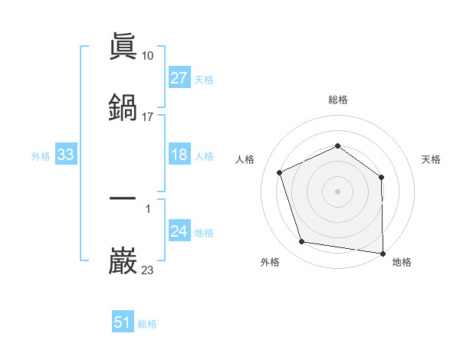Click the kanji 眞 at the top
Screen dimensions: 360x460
click(x=123, y=47)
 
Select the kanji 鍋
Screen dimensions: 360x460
click(x=123, y=107)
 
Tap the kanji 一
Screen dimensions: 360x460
click(x=123, y=198)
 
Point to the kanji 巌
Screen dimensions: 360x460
click(x=123, y=260)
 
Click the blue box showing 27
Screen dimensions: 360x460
click(x=179, y=78)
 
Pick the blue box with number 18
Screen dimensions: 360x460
click(x=179, y=155)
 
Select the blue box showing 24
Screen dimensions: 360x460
click(x=179, y=231)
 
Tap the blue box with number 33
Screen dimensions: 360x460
click(x=66, y=155)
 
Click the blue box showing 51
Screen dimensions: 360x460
click(x=123, y=322)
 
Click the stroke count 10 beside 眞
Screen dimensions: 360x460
click(x=148, y=56)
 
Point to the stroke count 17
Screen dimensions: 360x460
click(x=148, y=117)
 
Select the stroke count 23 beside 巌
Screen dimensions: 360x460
click(x=148, y=270)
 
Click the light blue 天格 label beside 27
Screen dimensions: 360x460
click(x=204, y=79)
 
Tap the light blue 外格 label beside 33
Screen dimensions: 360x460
click(x=41, y=155)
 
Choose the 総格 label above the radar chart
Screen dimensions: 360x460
click(x=338, y=100)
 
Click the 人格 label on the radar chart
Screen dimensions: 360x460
click(x=245, y=159)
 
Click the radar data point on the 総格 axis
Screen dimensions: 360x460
click(x=338, y=146)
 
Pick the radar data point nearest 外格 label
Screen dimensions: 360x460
click(x=302, y=242)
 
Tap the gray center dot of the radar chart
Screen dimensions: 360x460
click(x=338, y=191)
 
